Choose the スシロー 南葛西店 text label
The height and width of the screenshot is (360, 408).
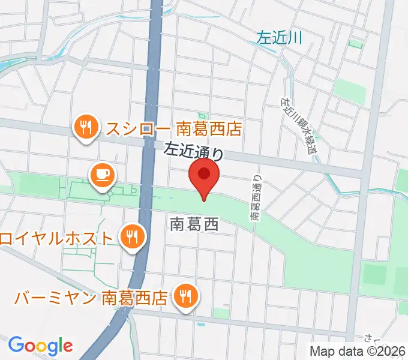[173, 128]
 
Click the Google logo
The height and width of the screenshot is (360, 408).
[40, 346]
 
